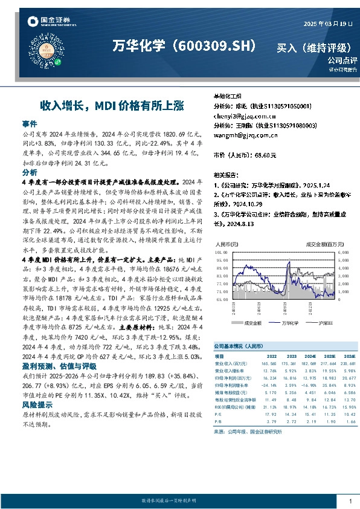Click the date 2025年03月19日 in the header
pyautogui.click(x=326, y=23)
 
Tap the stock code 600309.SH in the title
pyautogui.click(x=214, y=46)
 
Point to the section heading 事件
pyautogui.click(x=30, y=123)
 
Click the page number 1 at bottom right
pyautogui.click(x=350, y=501)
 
